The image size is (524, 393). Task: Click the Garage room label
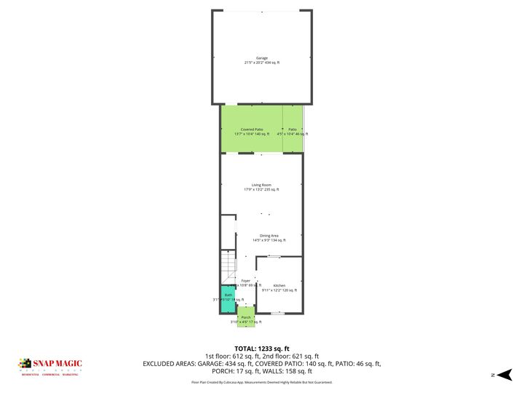pos(262,58)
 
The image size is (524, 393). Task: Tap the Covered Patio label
pos(252,129)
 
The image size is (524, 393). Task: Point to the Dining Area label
pos(269,235)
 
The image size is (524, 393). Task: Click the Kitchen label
pos(279,285)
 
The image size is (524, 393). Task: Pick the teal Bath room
pos(228,299)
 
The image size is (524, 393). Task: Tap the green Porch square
pos(246,317)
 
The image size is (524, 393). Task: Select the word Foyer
pos(246,280)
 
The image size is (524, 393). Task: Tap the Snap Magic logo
pos(50,366)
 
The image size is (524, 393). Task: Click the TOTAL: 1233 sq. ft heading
pos(262,348)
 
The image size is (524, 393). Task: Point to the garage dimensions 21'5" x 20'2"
pos(262,63)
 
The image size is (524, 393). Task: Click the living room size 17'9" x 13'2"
pos(261,190)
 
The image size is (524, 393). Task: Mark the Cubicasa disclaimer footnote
pos(262,381)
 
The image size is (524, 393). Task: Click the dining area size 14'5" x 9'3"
pos(269,240)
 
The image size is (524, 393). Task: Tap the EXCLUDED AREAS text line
pos(262,362)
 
